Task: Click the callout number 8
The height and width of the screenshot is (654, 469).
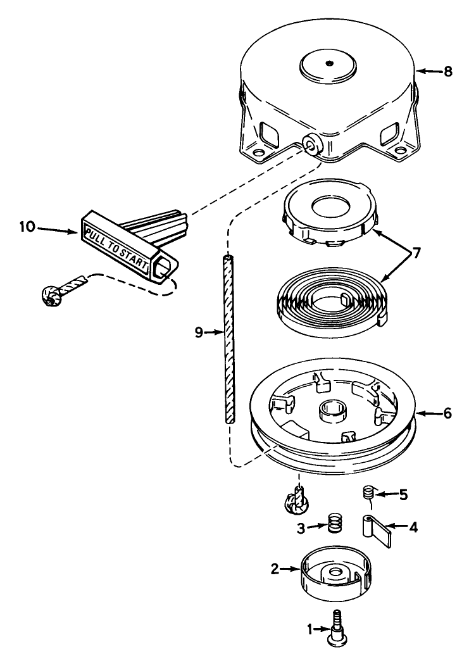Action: tap(448, 72)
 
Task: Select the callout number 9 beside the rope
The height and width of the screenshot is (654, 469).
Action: tap(199, 332)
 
